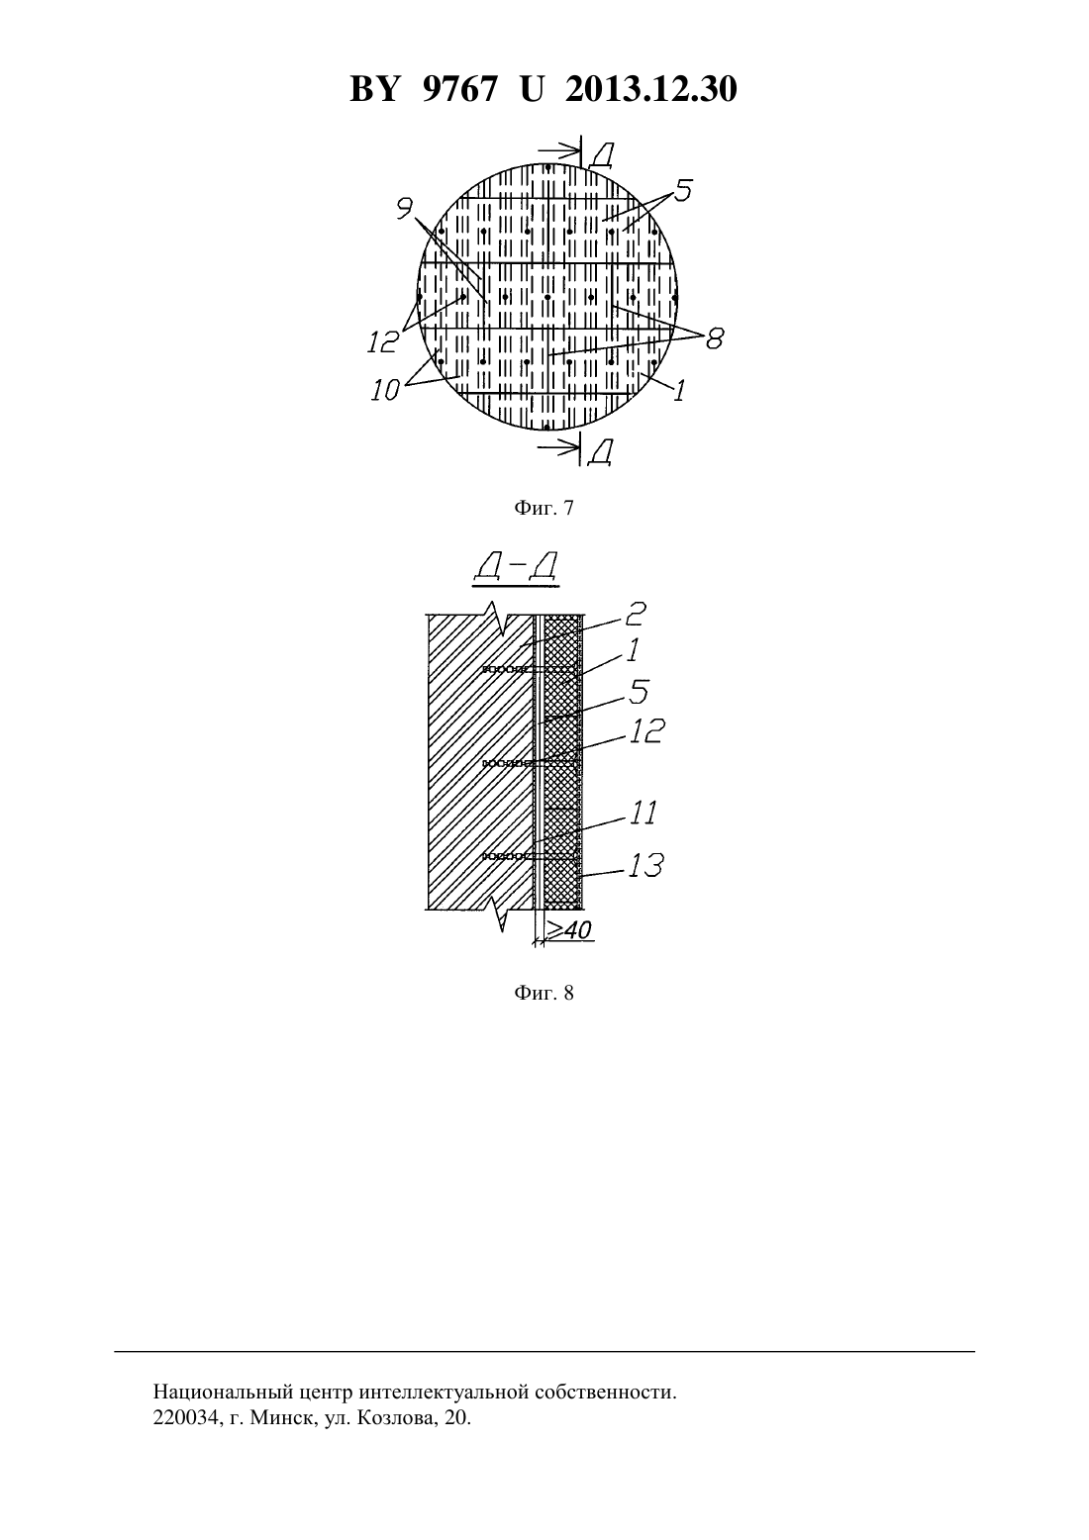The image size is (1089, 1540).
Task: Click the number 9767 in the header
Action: (x=458, y=89)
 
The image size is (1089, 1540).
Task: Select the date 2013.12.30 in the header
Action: (x=650, y=89)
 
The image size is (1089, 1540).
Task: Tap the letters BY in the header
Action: (x=374, y=89)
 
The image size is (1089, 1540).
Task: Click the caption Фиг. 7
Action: (x=544, y=508)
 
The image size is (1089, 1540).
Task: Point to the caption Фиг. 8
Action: (x=544, y=993)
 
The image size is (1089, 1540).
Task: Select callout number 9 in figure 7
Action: (x=405, y=208)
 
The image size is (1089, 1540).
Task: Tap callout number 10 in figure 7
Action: (x=385, y=391)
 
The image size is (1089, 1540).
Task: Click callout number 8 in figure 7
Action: (x=715, y=337)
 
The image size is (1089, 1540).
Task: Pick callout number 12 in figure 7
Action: (x=383, y=341)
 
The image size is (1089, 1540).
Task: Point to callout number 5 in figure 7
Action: (x=683, y=190)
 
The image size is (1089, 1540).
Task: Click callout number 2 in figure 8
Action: (x=635, y=614)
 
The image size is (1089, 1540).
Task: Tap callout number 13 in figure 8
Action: (x=645, y=866)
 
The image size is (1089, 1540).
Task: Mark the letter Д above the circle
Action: (x=602, y=156)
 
